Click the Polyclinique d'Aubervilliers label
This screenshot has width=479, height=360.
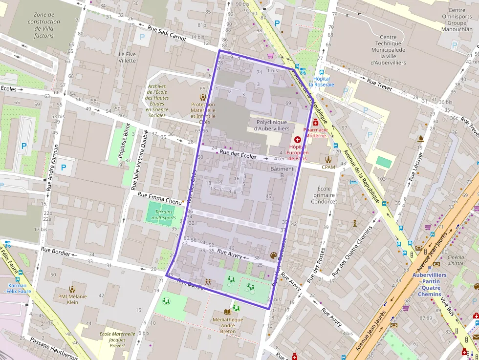(271, 125)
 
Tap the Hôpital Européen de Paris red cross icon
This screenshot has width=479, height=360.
(297, 140)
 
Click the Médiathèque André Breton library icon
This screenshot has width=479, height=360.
(228, 312)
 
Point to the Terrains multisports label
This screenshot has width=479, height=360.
(164, 215)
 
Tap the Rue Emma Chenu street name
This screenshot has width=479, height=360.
(159, 197)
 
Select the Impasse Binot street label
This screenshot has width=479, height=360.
(122, 141)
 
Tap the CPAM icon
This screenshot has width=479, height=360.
(328, 159)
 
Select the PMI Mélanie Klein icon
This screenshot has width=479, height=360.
(72, 289)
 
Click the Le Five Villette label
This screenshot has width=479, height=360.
(127, 57)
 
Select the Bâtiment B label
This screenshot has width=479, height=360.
(282, 172)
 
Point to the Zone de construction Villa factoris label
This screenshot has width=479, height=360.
(44, 25)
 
